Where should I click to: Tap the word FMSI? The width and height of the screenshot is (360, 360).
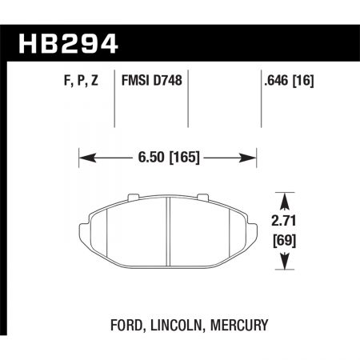[x=138, y=81]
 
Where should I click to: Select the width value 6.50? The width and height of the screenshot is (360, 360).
[x=149, y=157]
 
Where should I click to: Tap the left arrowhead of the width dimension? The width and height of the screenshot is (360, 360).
[x=83, y=157]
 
